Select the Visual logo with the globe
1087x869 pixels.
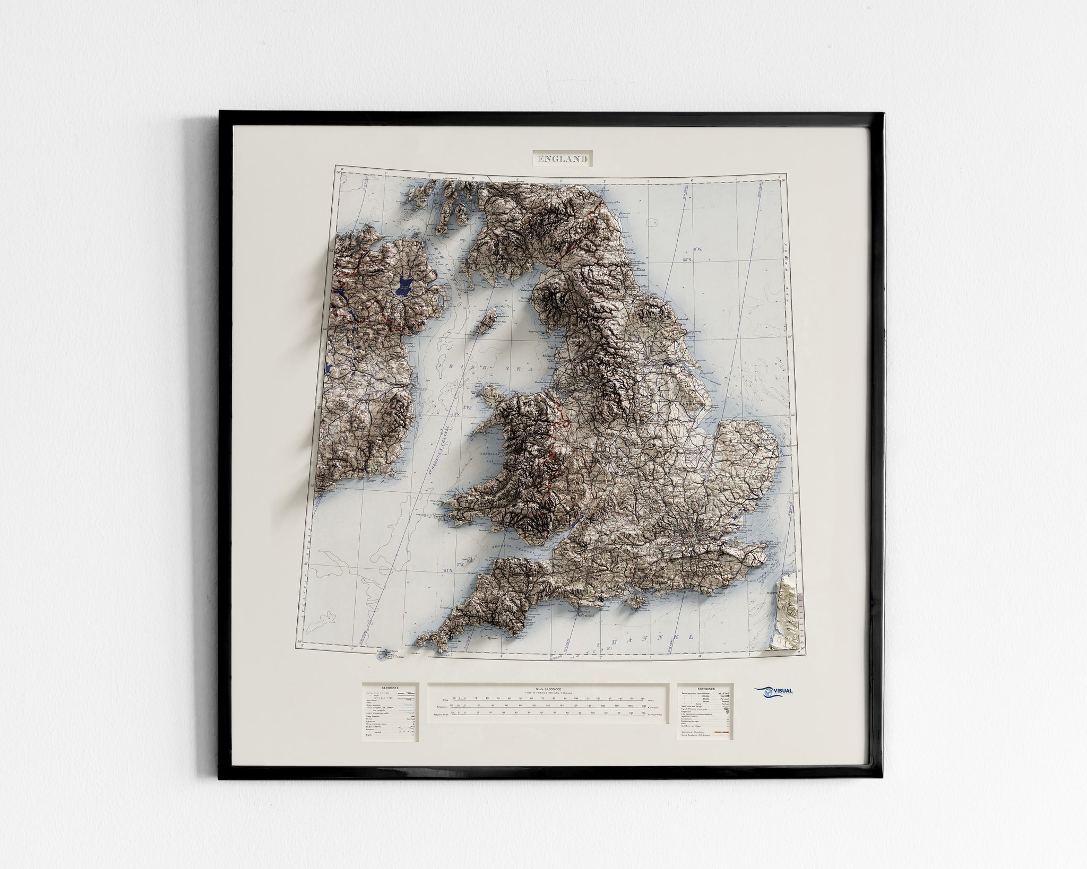click(x=773, y=706)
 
